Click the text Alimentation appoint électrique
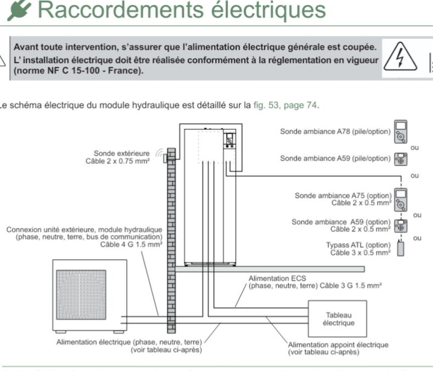[x=338, y=345]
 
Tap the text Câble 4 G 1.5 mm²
[x=131, y=245]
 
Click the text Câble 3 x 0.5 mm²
[x=361, y=253]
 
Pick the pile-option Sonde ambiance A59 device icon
[x=401, y=159]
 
